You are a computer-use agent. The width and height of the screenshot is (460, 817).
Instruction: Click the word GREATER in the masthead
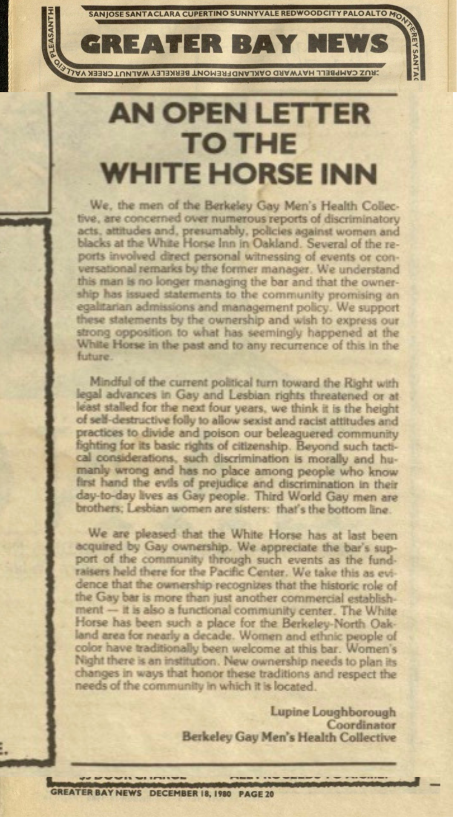[x=151, y=44]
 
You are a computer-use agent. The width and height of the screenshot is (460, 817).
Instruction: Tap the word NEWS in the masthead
[x=348, y=44]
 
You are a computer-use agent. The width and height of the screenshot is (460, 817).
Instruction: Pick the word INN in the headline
[x=348, y=174]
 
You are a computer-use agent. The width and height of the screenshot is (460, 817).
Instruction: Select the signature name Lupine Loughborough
[x=333, y=712]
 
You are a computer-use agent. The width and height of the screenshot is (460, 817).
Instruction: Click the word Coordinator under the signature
[x=361, y=725]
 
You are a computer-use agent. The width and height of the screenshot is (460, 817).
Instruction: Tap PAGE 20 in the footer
[x=256, y=794]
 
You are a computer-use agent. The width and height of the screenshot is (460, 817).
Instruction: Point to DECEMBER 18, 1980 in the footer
[x=190, y=794]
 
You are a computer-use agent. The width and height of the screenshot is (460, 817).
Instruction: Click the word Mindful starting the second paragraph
[x=110, y=382]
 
